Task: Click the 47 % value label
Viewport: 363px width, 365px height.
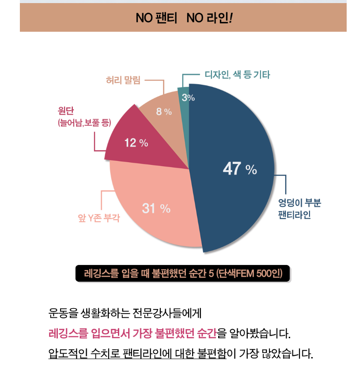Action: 239,169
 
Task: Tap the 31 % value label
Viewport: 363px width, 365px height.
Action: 156,208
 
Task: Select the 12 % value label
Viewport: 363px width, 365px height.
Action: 136,143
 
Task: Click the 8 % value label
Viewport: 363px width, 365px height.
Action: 164,112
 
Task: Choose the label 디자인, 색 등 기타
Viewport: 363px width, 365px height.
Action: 237,75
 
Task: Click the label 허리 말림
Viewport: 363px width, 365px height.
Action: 123,80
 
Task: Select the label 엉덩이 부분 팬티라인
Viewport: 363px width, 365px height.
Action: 299,209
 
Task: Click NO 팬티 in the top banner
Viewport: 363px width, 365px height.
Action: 156,19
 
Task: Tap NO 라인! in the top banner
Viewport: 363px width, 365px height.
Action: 209,19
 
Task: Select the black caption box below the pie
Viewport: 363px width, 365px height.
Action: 182,273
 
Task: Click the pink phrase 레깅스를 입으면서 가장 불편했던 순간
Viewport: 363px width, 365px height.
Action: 132,333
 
